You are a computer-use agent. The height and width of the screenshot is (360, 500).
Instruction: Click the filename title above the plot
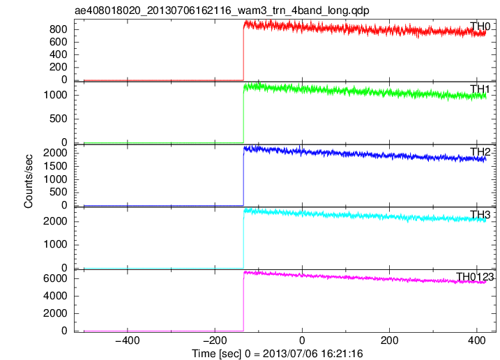coord(222,10)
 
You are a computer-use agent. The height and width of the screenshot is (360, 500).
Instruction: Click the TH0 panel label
coord(480,27)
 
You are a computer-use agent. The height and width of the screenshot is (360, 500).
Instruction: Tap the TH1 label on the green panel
coord(480,89)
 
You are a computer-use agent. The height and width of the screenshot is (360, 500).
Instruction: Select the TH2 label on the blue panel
coord(480,152)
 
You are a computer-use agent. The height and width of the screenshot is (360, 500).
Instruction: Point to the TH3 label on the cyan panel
coord(480,215)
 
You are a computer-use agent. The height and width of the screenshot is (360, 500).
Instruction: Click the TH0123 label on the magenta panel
coord(475,277)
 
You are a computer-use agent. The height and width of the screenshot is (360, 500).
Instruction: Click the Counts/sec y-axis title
coord(29,181)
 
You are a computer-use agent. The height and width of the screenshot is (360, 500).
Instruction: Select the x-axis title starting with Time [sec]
coord(278,354)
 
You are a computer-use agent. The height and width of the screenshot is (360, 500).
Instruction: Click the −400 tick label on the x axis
coord(128,340)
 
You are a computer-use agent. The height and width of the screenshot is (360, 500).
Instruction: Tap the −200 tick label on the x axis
coord(215,340)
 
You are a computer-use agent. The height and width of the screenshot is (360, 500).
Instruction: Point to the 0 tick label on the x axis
coord(302,340)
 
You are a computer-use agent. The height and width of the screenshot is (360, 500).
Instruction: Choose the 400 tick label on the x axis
coord(477,340)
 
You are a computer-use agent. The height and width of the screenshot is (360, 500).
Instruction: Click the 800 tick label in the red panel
coord(59,29)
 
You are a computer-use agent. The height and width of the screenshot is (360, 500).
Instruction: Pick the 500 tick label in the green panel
coord(59,119)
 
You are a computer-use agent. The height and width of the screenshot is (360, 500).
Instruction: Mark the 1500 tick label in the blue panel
coord(56,166)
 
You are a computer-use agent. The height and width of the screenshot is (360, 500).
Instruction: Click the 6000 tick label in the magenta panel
coord(56,278)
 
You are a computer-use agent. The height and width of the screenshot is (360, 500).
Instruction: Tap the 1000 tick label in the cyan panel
coord(56,244)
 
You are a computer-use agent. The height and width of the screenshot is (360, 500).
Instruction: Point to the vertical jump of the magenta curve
coord(243,302)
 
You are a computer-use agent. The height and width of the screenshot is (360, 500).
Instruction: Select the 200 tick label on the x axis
coord(389,340)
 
